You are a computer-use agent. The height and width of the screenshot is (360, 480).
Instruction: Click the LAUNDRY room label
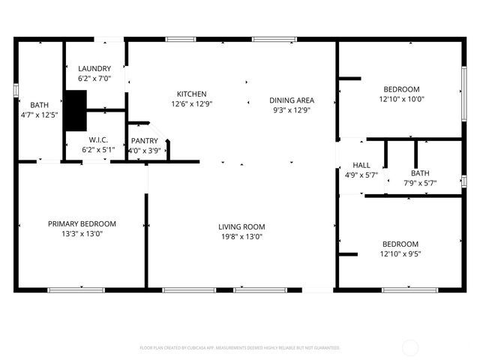click(94, 68)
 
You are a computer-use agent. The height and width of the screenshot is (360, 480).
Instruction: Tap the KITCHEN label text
click(191, 94)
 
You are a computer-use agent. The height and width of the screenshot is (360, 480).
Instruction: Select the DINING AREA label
click(292, 100)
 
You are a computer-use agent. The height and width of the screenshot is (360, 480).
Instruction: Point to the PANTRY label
click(144, 140)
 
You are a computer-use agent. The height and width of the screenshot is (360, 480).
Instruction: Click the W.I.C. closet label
click(99, 139)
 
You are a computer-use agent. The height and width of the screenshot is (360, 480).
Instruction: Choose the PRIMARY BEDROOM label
click(82, 223)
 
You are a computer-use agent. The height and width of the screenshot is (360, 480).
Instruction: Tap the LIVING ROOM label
click(241, 226)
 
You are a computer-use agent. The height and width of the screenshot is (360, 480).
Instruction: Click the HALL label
click(361, 165)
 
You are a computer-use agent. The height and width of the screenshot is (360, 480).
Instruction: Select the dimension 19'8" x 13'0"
click(241, 237)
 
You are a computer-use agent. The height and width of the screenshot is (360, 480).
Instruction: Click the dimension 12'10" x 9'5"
click(400, 254)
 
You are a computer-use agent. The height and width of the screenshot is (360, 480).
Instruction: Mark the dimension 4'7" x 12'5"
click(39, 115)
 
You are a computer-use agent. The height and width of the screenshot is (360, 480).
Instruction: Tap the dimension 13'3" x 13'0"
click(82, 233)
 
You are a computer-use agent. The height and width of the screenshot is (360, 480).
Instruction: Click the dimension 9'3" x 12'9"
click(292, 109)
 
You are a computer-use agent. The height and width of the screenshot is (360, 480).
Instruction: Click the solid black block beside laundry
click(75, 110)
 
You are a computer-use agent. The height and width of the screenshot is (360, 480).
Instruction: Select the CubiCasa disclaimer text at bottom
click(240, 348)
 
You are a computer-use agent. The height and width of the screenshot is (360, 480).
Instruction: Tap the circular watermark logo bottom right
click(411, 347)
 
